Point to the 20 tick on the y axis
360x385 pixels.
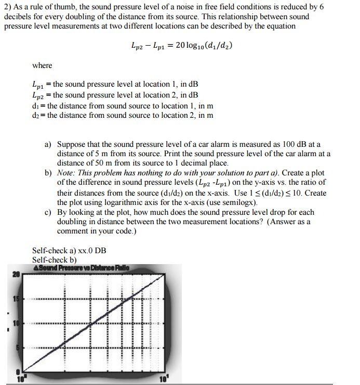tap(16, 274)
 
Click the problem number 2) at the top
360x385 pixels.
tap(7, 6)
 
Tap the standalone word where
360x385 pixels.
tap(42, 65)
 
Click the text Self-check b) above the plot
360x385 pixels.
tap(55, 259)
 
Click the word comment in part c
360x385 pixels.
tap(72, 231)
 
